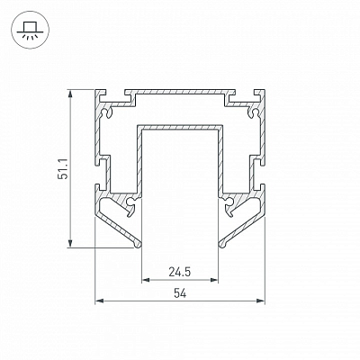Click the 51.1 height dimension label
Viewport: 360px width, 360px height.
[63, 169]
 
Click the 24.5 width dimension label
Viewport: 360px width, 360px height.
[180, 272]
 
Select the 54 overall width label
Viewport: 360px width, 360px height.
[180, 293]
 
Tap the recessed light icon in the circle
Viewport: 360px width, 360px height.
[30, 31]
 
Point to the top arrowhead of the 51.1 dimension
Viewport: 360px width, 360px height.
[70, 93]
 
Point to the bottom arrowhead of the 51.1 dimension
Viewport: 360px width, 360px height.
[70, 244]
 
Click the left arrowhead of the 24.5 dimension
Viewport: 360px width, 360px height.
[145, 280]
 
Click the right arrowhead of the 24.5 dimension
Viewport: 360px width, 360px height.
[214, 280]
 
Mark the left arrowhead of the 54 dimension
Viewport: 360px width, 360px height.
[99, 301]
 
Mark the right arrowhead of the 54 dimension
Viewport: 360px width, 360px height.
[261, 301]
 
